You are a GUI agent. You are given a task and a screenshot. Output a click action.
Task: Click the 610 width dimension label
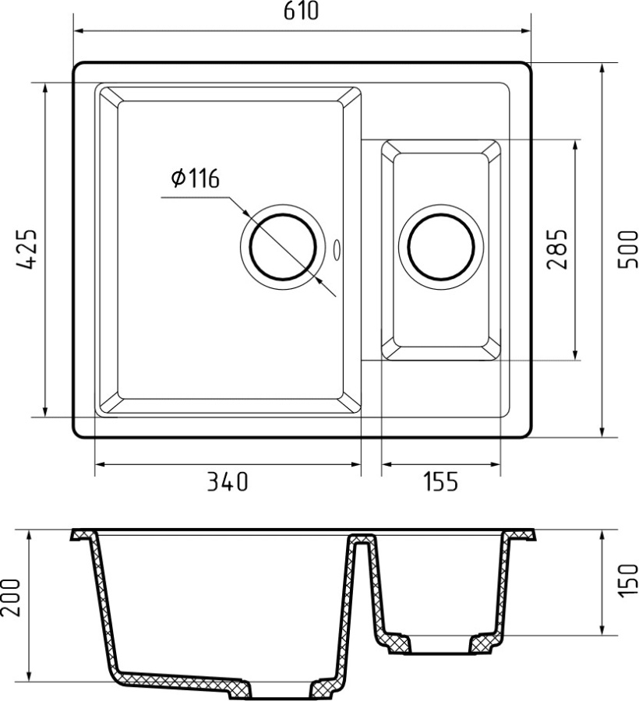[x=301, y=11]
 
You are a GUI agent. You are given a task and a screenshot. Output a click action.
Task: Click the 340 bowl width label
[x=227, y=483]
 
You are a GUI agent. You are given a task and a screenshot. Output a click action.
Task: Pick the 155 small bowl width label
[x=441, y=483]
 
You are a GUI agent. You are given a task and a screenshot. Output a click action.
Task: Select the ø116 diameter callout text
[x=194, y=179]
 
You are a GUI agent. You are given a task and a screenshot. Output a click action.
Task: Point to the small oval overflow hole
[x=337, y=250]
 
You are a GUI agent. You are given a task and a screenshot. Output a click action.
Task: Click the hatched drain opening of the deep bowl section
[x=281, y=692]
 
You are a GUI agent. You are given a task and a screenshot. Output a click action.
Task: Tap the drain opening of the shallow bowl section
[x=440, y=644]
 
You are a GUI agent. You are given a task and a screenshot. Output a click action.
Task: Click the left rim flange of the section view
[x=83, y=536]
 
